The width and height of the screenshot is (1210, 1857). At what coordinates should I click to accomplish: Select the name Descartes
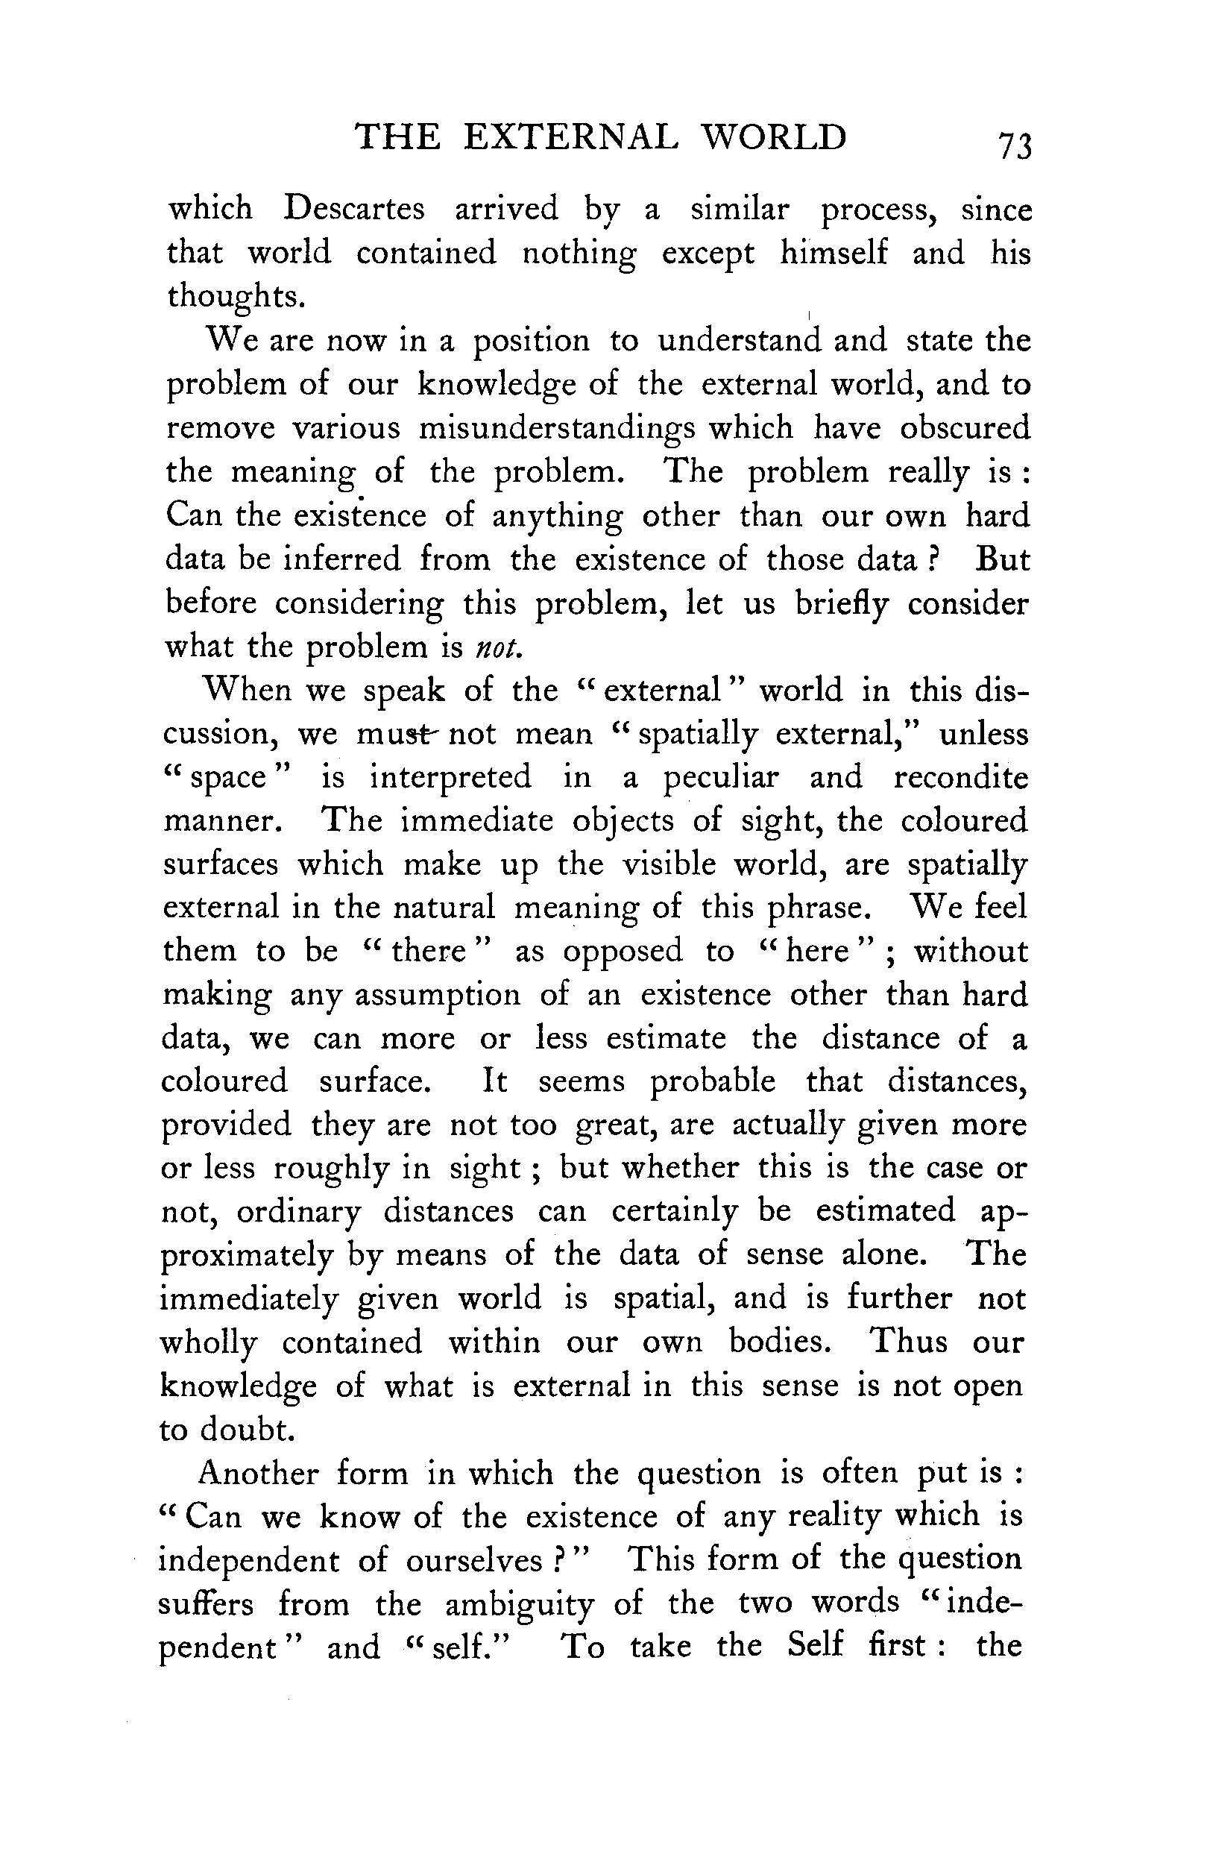tap(354, 209)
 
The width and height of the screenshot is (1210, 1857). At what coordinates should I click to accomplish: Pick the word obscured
tap(964, 427)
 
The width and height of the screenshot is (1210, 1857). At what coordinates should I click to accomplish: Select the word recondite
tap(960, 777)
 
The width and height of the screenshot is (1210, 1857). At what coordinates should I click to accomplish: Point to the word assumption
tap(438, 995)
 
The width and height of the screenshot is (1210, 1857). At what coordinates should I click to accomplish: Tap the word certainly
tap(673, 1211)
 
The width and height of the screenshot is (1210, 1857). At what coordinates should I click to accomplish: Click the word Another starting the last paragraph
tap(258, 1472)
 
